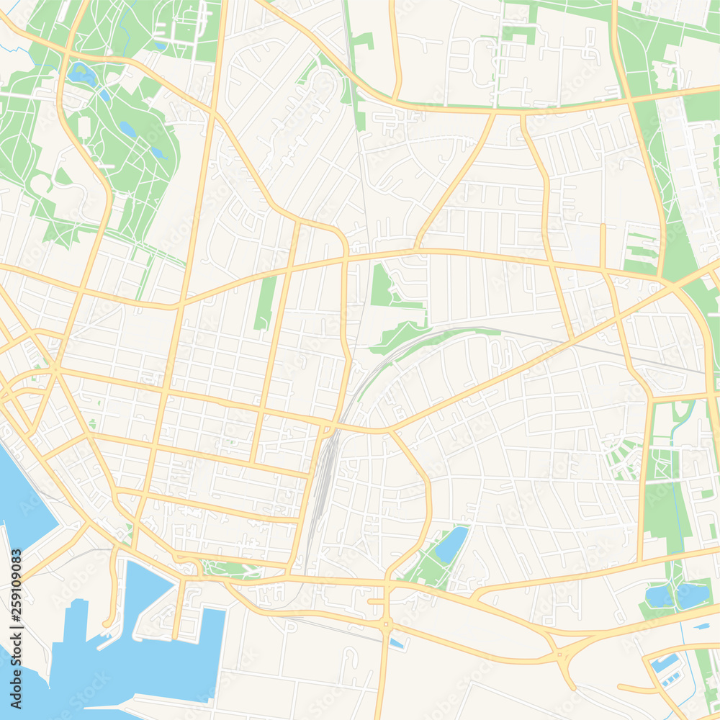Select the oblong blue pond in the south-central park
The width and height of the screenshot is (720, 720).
pyautogui.click(x=451, y=544)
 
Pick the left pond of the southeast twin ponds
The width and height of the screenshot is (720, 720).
pyautogui.click(x=659, y=596)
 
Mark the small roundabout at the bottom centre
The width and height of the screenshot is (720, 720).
pyautogui.click(x=386, y=624)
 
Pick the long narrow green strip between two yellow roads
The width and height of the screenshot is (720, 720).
pyautogui.click(x=266, y=302)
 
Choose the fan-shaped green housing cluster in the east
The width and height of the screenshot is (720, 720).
pyautogui.click(x=624, y=458)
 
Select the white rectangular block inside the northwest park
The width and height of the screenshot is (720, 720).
pyautogui.click(x=84, y=127)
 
